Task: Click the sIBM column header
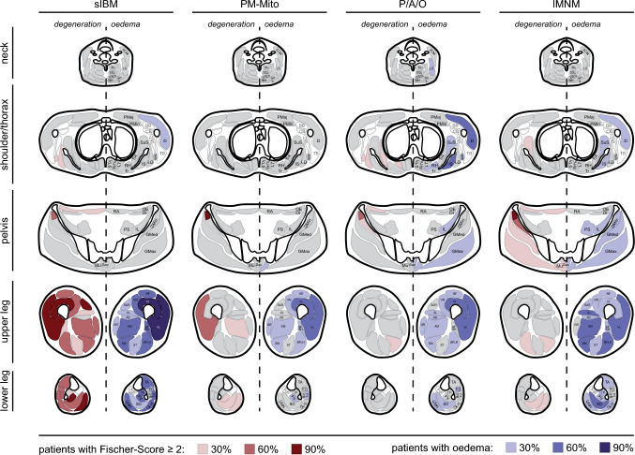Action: coord(106,7)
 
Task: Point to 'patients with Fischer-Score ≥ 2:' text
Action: coord(110,449)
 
